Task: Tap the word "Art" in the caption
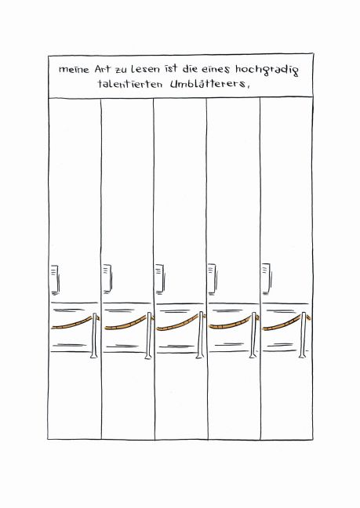tap(103, 69)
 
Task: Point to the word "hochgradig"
tap(267, 71)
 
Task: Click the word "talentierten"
tap(129, 84)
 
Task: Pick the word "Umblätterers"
tap(208, 84)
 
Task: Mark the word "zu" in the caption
tap(122, 70)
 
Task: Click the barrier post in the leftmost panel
tap(94, 336)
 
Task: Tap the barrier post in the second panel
tap(148, 336)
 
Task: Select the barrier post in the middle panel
tap(201, 336)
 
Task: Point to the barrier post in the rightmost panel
tap(303, 335)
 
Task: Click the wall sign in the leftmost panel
tap(54, 279)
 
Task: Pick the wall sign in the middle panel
tap(159, 279)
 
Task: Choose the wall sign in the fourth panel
tap(213, 278)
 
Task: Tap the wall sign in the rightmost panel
tap(267, 278)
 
